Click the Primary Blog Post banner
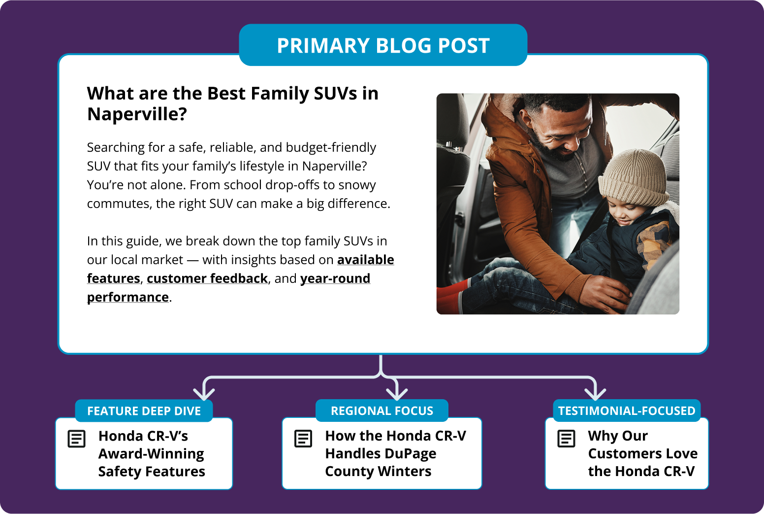[x=383, y=45]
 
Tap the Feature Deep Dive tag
[x=144, y=411]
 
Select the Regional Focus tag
[x=382, y=411]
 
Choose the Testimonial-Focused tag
[x=627, y=411]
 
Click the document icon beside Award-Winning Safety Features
[x=76, y=439]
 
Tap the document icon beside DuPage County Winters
[x=303, y=439]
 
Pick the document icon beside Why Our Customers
[x=566, y=439]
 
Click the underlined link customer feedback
[x=207, y=278]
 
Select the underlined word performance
[x=128, y=297]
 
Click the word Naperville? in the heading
[x=137, y=114]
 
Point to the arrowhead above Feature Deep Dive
[x=204, y=394]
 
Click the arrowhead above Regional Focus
[x=397, y=394]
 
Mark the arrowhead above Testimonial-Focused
[x=595, y=394]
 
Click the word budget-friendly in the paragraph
[x=331, y=147]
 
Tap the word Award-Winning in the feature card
[x=151, y=454]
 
